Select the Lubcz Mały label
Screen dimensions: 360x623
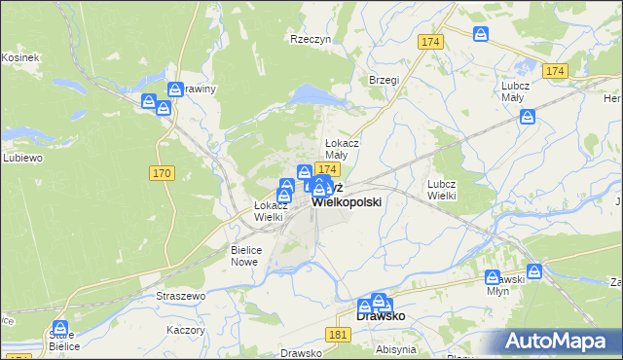tap(515, 90)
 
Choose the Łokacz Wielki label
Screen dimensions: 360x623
tap(269, 211)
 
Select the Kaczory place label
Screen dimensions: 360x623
tap(186, 330)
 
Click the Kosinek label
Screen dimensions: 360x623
tap(19, 57)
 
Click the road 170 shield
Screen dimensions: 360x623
tap(163, 172)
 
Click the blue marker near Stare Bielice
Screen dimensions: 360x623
tap(60, 329)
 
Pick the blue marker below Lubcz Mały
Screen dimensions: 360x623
tap(528, 118)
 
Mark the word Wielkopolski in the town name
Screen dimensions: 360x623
tap(347, 201)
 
